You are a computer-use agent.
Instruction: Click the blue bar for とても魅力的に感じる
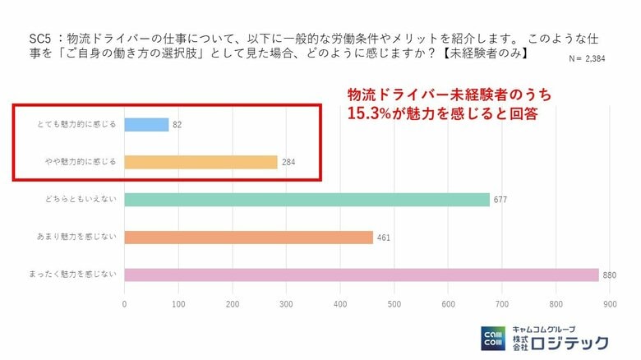pos(146,125)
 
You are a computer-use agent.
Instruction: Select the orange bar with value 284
pos(201,162)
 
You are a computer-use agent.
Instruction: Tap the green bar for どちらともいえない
pos(307,200)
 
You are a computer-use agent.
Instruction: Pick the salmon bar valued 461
pos(248,238)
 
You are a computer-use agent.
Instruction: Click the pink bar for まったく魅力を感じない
pos(362,275)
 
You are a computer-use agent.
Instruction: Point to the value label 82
pos(178,126)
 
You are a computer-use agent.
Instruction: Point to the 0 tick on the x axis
pos(124,304)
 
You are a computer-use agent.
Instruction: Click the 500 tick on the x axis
pos(394,304)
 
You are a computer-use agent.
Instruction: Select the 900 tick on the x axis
pos(611,304)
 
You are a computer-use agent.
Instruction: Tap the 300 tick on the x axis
pos(287,304)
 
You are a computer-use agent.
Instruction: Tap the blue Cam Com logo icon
pos(494,338)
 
